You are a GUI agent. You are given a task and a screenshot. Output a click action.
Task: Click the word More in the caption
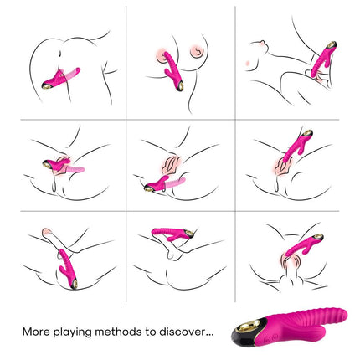click(x=36, y=332)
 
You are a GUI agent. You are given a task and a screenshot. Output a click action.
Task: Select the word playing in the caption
click(x=73, y=332)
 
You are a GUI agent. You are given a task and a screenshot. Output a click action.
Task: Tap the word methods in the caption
click(x=118, y=332)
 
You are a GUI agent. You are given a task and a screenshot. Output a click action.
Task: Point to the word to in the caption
click(x=151, y=332)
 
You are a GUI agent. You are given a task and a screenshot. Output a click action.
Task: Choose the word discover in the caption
click(x=183, y=332)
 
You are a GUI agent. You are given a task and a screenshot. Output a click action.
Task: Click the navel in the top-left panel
click(x=60, y=53)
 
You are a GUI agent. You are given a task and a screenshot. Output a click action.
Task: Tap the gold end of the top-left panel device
click(x=46, y=85)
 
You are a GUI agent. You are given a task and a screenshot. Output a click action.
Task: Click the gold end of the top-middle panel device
click(x=180, y=85)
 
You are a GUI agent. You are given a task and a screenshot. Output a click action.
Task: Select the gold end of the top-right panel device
click(x=332, y=44)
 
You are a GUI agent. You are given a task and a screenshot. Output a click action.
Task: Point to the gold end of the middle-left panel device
click(x=47, y=164)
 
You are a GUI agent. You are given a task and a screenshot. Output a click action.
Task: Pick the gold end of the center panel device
click(x=149, y=188)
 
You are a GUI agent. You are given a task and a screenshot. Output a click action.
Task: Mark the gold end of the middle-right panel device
click(x=307, y=133)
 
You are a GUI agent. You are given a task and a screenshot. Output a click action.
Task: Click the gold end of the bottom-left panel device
click(x=75, y=285)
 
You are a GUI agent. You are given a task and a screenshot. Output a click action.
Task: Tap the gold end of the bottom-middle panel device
click(x=190, y=234)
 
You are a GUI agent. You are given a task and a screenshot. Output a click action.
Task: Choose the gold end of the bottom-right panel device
click(x=318, y=238)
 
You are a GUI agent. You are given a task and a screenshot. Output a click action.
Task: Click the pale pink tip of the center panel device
click(x=177, y=183)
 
